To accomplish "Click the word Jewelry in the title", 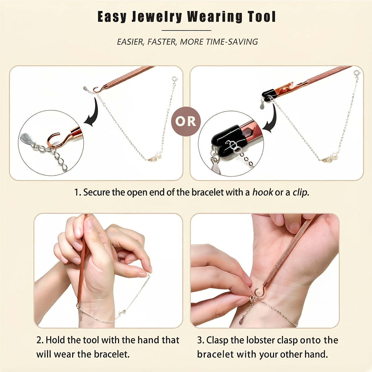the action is tap(157, 17).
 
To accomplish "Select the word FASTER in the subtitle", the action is tap(162, 42).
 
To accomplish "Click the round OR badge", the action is tap(186, 122).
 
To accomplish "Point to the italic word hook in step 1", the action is tap(263, 192).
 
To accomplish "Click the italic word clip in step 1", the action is tap(299, 193).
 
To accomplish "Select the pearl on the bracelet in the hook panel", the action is tap(159, 156).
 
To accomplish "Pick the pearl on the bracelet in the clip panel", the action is tap(334, 155).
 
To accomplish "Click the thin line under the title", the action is tap(186, 30).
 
